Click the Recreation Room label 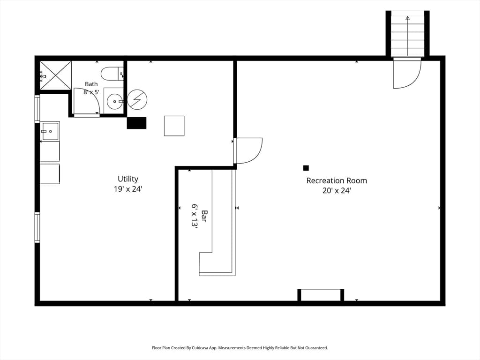click(x=337, y=180)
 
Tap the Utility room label click(x=128, y=179)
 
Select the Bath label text click(x=91, y=84)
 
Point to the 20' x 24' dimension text click(x=337, y=190)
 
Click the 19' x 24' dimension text click(x=128, y=189)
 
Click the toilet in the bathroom click(x=112, y=74)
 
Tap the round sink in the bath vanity click(x=115, y=101)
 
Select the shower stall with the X click(x=55, y=75)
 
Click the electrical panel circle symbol click(x=137, y=99)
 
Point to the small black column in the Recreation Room click(x=306, y=168)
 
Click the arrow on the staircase click(x=407, y=36)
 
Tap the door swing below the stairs click(x=407, y=74)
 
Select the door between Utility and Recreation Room click(x=248, y=150)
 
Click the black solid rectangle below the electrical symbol click(x=136, y=123)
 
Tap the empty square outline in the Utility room click(x=174, y=126)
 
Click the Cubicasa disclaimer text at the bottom click(x=240, y=348)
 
